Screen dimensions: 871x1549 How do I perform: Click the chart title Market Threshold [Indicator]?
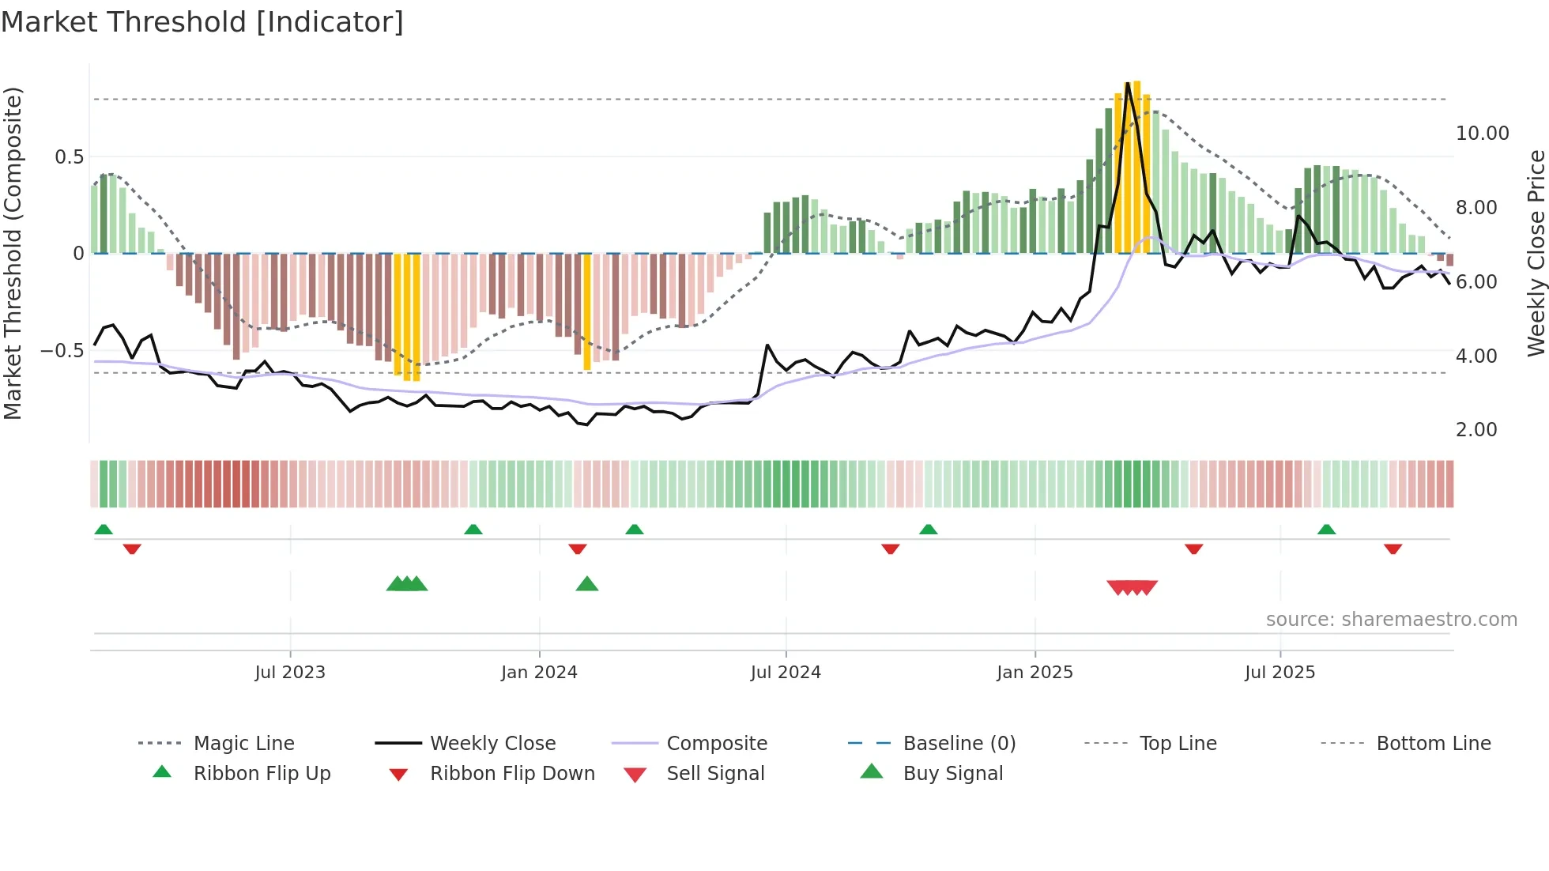click(202, 22)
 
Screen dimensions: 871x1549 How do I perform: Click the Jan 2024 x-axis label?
click(539, 673)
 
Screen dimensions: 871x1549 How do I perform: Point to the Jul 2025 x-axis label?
click(1280, 673)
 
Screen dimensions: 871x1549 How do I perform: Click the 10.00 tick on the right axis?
click(1482, 134)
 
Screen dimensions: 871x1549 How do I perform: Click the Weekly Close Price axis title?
click(1536, 253)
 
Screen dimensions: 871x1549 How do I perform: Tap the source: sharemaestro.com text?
click(1391, 620)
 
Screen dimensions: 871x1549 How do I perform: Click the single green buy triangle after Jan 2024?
click(587, 584)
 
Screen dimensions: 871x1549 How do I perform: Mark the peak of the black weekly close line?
click(1128, 84)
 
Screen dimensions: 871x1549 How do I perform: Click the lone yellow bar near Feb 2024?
click(587, 312)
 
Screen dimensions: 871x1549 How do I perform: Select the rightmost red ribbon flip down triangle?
click(1393, 549)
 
